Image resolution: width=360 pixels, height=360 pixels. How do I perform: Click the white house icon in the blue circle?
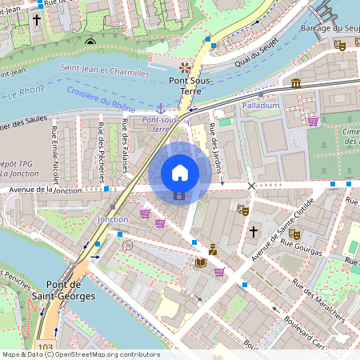[180, 173]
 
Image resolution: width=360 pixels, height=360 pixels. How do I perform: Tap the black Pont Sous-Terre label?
[186, 86]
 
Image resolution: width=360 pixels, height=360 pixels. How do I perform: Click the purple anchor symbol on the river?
[160, 108]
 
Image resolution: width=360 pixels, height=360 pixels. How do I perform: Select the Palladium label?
[261, 105]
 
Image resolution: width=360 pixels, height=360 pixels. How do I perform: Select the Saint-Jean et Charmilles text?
[105, 73]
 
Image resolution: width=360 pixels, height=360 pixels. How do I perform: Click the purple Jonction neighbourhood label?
[112, 218]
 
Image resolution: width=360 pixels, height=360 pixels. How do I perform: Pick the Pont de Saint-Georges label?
[70, 290]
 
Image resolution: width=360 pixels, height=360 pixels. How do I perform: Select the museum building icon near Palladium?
[296, 83]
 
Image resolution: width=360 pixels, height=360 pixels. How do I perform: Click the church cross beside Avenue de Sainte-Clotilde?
[254, 231]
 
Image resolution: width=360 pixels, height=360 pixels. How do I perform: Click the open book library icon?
[200, 262]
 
